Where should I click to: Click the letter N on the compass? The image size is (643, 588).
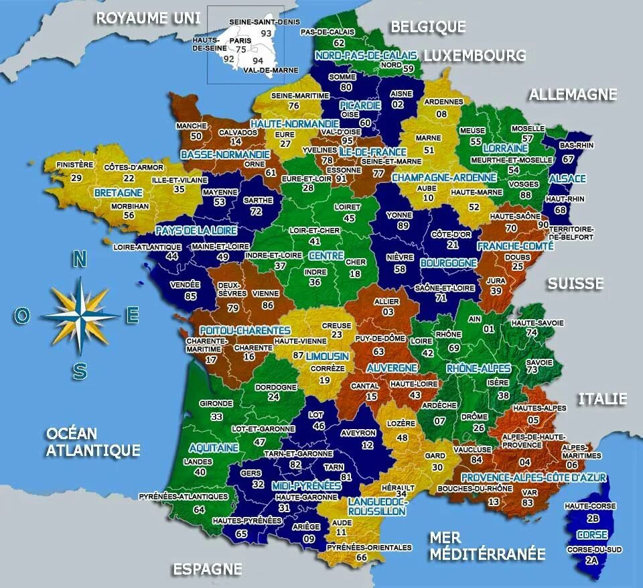[80, 259]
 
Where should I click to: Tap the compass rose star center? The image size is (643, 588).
[80, 314]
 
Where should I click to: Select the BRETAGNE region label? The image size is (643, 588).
[116, 192]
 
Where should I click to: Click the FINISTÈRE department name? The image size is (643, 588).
[74, 164]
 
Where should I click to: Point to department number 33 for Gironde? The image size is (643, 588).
[216, 416]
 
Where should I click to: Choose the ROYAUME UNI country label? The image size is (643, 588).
[143, 18]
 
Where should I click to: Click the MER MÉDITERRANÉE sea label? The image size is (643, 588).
[487, 546]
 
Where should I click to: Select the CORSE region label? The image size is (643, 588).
[592, 535]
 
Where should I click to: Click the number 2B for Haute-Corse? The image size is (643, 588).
[592, 518]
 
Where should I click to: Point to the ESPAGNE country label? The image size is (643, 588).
[207, 569]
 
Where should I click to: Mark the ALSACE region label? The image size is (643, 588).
[567, 178]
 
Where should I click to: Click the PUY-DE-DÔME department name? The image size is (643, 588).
[380, 338]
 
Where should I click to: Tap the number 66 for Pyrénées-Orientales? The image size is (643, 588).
[362, 557]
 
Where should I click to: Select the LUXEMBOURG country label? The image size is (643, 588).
[474, 55]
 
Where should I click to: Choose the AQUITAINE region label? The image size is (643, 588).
[214, 447]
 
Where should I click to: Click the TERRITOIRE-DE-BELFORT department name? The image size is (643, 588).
[571, 232]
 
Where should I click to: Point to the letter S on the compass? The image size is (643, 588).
[80, 371]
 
